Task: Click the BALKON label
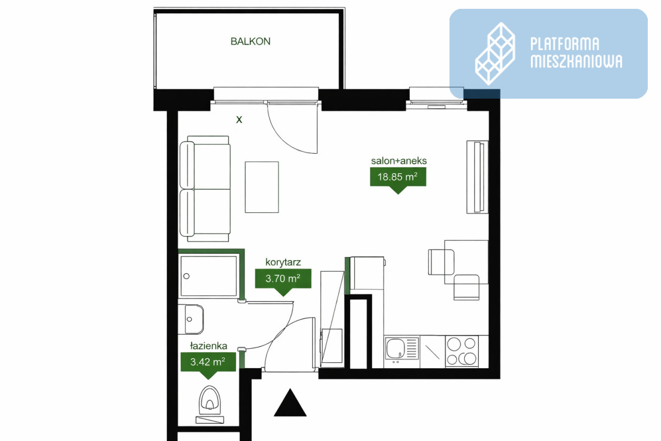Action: point(250,41)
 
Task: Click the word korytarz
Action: point(283,262)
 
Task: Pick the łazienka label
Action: point(209,346)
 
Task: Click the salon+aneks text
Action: point(399,161)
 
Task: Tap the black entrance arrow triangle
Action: point(290,402)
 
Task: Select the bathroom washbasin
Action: point(191,319)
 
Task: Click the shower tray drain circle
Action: point(187,276)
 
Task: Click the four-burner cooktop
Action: point(462,351)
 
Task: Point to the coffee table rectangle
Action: point(262,187)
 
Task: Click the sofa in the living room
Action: point(205,189)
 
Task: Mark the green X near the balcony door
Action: point(239,120)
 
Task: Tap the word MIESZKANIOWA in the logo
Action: point(577,61)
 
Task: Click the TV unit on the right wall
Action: point(477,177)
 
